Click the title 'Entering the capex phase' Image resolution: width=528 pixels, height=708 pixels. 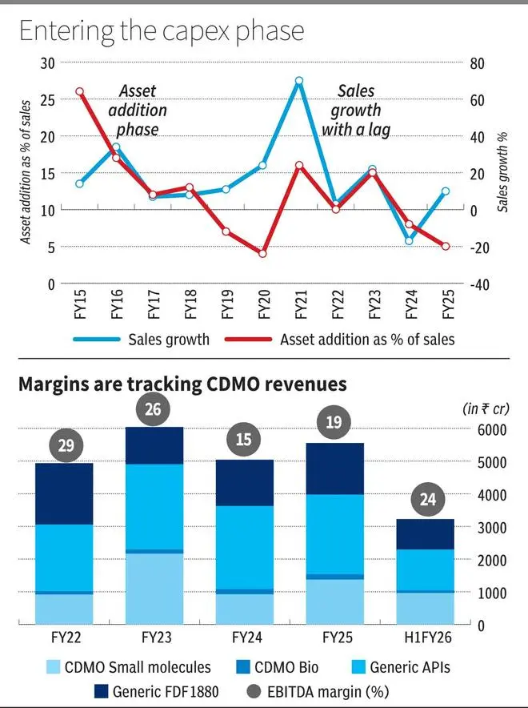pyautogui.click(x=161, y=31)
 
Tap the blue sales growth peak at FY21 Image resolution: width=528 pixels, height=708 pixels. pyautogui.click(x=298, y=81)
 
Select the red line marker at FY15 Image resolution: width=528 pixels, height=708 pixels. pyautogui.click(x=79, y=92)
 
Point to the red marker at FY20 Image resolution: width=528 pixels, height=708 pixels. pyautogui.click(x=262, y=253)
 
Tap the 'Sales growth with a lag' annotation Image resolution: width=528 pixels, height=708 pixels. pyautogui.click(x=355, y=111)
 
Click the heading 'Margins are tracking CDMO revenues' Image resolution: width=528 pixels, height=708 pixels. pyautogui.click(x=182, y=384)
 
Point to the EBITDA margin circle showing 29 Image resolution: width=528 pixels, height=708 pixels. pyautogui.click(x=65, y=444)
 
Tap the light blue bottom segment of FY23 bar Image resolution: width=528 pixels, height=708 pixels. pyautogui.click(x=154, y=589)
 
